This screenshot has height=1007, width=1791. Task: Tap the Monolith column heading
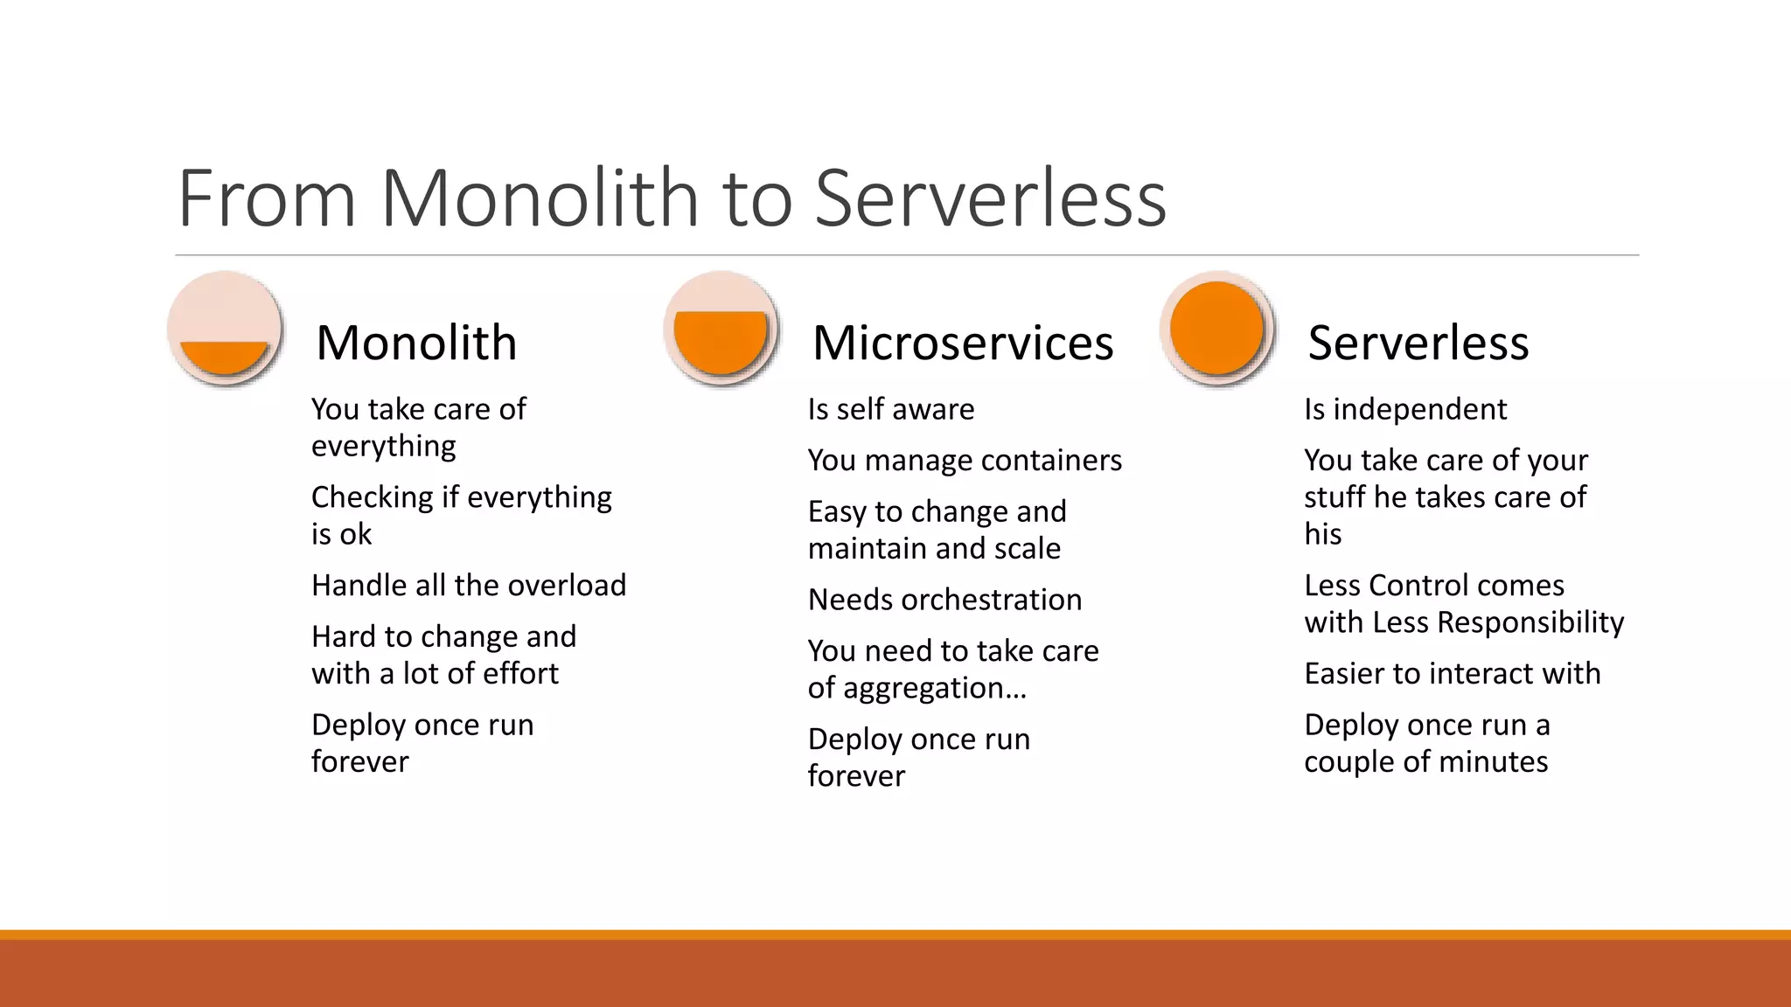pos(416,343)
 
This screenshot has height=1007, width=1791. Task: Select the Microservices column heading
pos(963,343)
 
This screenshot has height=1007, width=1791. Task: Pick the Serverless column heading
pos(1418,343)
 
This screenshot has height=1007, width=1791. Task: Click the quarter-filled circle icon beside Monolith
pos(225,330)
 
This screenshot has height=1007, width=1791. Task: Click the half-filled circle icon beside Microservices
pos(721,330)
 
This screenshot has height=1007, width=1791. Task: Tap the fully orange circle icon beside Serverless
pos(1216,330)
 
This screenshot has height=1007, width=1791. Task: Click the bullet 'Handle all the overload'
pos(469,585)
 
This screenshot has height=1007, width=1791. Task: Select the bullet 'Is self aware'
pos(890,409)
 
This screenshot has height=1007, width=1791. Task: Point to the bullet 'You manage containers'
pos(965,460)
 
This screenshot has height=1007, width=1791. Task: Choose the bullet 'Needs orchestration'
pos(944,600)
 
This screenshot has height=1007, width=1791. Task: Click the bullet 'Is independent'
pos(1405,409)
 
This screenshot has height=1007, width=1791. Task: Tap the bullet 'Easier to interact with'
pos(1452,673)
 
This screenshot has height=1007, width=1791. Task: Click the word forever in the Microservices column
pos(856,776)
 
